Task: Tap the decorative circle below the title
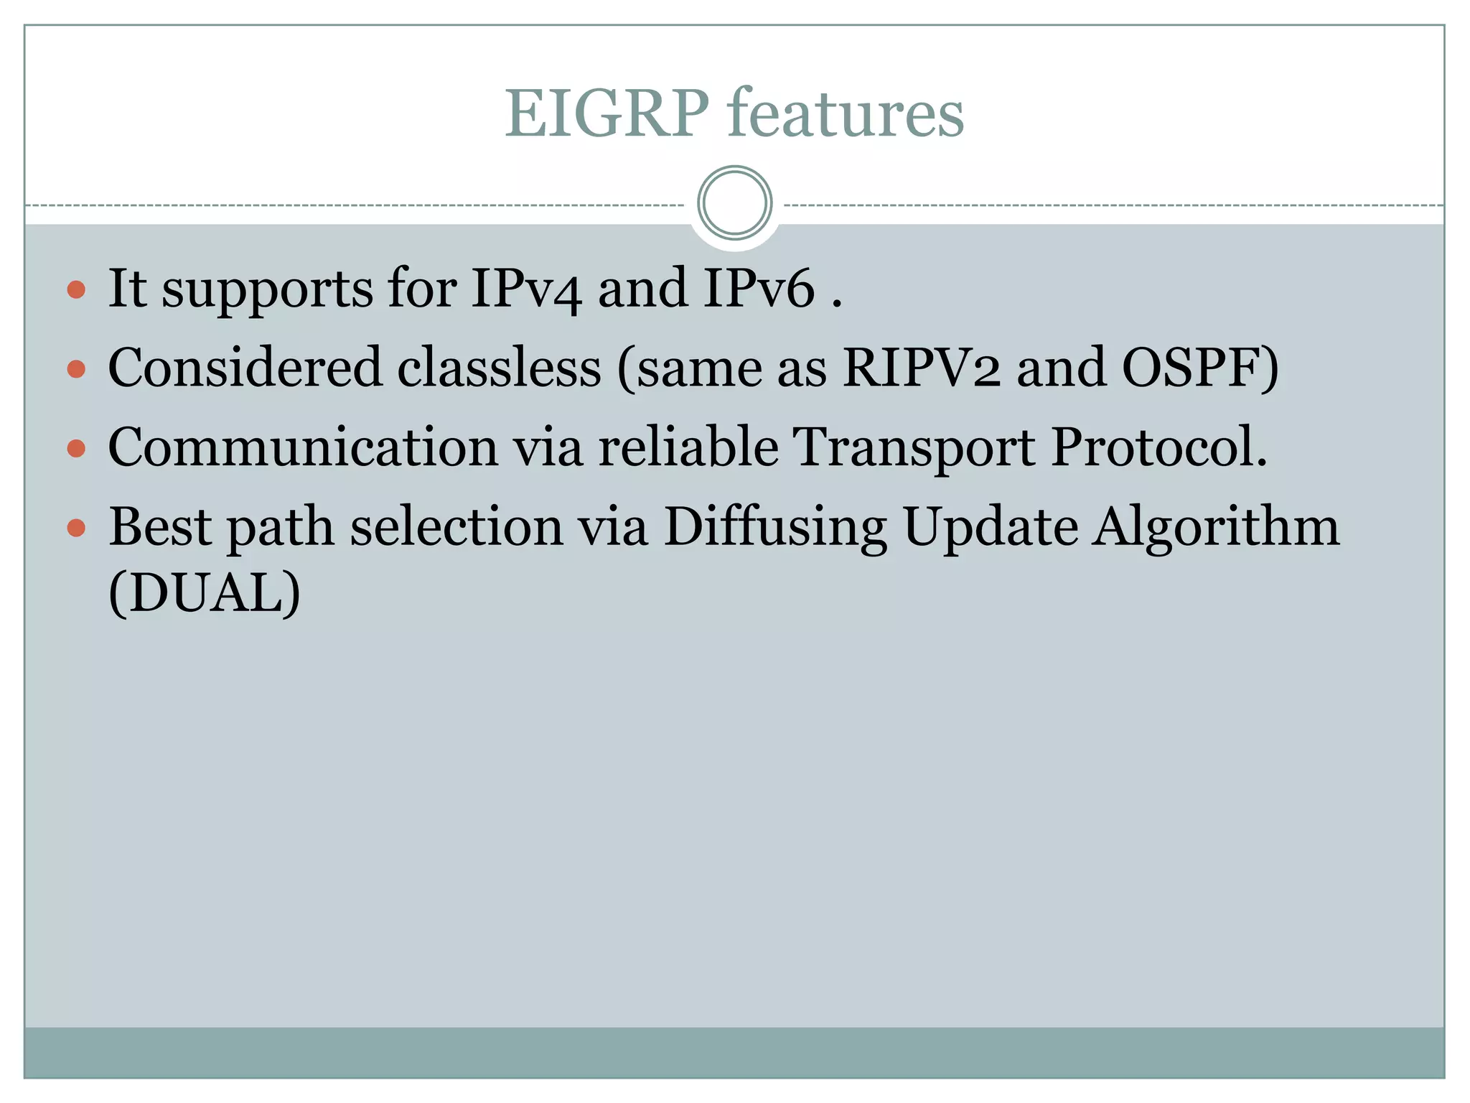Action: pyautogui.click(x=734, y=203)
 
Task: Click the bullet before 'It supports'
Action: pyautogui.click(x=76, y=290)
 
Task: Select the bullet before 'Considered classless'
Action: pyautogui.click(x=76, y=370)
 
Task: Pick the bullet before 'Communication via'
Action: pyautogui.click(x=76, y=449)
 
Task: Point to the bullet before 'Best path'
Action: pyautogui.click(x=76, y=529)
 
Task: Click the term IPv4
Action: pyautogui.click(x=526, y=289)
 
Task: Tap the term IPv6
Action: pyautogui.click(x=759, y=289)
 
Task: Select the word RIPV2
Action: pyautogui.click(x=922, y=368)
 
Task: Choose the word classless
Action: pyautogui.click(x=499, y=368)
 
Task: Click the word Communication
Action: pyautogui.click(x=303, y=447)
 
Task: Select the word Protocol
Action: pyautogui.click(x=1158, y=447)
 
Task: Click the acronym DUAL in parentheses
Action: pyautogui.click(x=205, y=594)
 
